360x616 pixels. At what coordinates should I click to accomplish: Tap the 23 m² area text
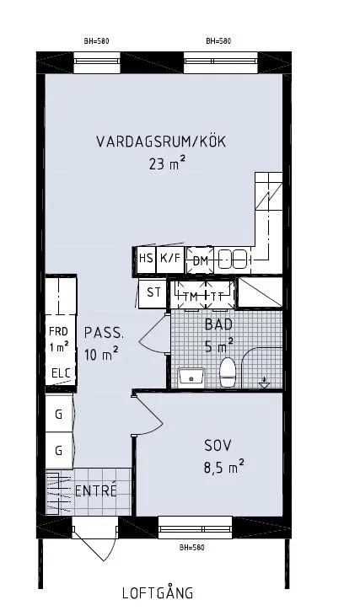tap(167, 164)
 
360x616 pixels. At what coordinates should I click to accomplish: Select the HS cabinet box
tap(146, 260)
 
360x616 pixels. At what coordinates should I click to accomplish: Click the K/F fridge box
tap(170, 260)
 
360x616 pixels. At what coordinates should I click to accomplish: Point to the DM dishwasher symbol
tap(201, 260)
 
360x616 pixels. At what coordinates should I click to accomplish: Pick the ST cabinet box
tap(153, 293)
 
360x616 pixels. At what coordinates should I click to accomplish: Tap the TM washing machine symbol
tap(191, 296)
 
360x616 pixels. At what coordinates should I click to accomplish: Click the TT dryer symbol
tap(218, 296)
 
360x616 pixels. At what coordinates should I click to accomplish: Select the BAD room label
tap(218, 323)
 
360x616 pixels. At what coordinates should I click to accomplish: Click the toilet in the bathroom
tap(227, 372)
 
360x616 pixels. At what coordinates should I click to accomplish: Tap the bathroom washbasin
tap(191, 376)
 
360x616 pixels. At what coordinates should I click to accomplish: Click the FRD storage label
tap(58, 331)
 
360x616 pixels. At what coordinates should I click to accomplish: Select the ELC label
tap(59, 373)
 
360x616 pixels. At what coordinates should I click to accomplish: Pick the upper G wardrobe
tap(59, 414)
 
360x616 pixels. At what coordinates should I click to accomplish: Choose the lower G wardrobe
tap(59, 450)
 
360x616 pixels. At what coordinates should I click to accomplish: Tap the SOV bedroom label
tap(217, 445)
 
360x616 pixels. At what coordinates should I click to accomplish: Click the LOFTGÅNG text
tap(157, 593)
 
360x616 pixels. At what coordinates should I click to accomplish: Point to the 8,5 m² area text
tap(223, 464)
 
